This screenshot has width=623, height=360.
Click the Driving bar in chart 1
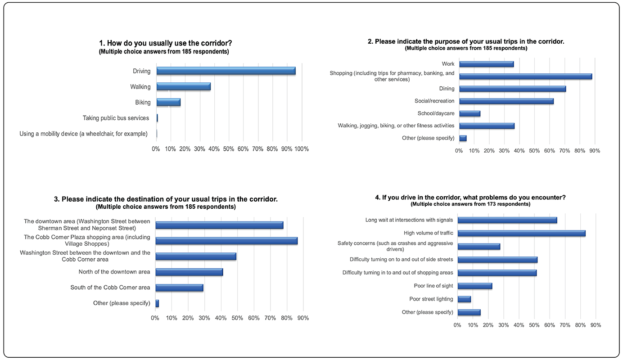[226, 71]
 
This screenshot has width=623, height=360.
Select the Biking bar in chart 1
[168, 102]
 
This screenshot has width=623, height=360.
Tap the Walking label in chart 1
[140, 87]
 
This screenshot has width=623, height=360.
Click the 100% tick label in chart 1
[301, 149]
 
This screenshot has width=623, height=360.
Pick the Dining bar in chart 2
[512, 89]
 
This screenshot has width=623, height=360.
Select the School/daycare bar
[470, 113]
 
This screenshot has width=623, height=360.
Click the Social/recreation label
[434, 101]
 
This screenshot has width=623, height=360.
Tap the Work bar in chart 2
[486, 64]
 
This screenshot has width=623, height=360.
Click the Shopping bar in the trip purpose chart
[525, 76]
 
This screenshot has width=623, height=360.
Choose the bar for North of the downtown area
[189, 272]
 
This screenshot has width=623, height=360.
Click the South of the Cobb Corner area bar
[179, 288]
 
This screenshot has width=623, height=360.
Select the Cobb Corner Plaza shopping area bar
[226, 241]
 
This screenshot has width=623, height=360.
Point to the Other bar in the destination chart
[157, 303]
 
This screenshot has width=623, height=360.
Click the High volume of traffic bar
[521, 233]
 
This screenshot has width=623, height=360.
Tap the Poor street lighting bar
[464, 299]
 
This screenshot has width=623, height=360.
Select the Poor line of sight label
[433, 286]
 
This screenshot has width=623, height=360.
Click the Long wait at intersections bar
[507, 220]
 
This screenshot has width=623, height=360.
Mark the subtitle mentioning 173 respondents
[470, 204]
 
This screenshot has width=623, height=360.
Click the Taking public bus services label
[116, 118]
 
